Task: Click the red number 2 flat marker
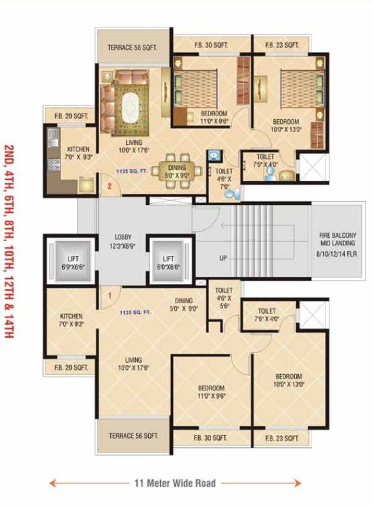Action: (x=110, y=187)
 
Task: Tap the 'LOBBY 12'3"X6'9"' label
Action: (x=119, y=241)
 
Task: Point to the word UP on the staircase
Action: (x=223, y=258)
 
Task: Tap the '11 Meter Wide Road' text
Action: (x=175, y=483)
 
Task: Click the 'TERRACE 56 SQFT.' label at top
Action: (x=133, y=47)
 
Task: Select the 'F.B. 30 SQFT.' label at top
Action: (x=211, y=45)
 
